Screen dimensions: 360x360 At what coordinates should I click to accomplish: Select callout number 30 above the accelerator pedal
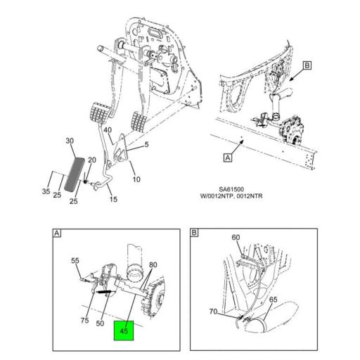70,141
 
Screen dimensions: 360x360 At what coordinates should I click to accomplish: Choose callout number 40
108,130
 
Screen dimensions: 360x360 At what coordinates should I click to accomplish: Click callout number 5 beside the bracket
146,146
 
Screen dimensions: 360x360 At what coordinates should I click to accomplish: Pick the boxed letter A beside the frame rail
228,159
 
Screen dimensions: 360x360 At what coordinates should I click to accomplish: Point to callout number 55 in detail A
75,261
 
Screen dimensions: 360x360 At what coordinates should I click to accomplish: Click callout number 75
84,321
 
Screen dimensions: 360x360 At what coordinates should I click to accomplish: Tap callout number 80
153,265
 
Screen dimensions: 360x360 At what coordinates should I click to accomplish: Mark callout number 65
272,300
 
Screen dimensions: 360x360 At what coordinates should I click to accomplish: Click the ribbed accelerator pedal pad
75,172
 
